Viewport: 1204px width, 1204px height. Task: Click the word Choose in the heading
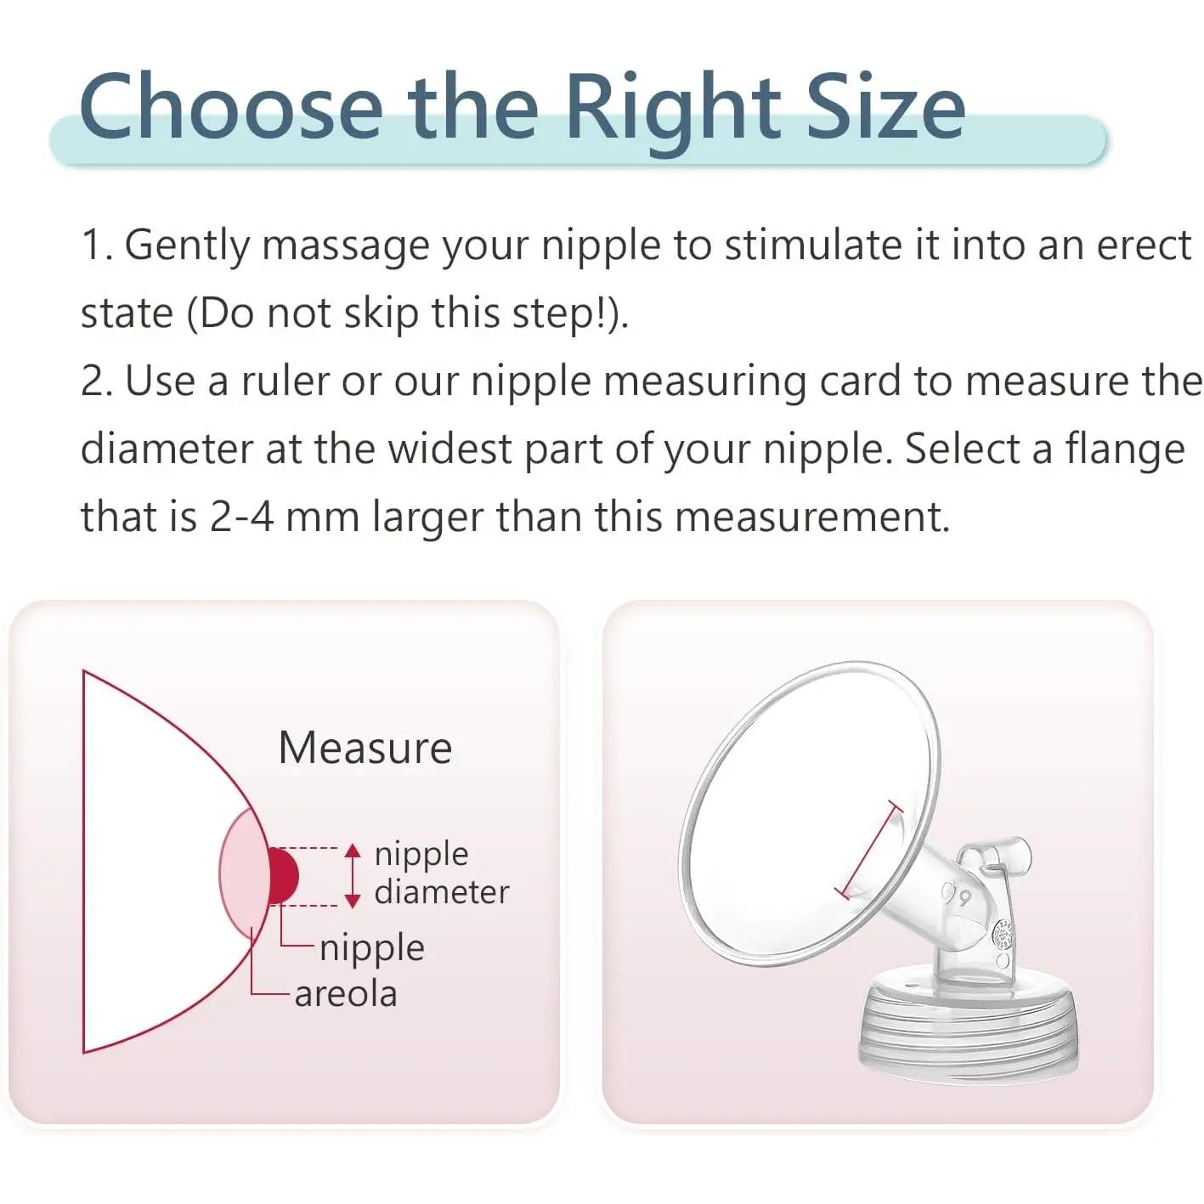pos(230,106)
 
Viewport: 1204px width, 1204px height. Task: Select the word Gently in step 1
pos(187,246)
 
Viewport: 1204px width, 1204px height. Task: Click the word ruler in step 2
pos(285,382)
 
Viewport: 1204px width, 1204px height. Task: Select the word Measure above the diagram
pos(365,748)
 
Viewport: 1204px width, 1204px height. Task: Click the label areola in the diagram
pos(346,994)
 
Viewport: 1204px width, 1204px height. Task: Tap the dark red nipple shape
pos(283,875)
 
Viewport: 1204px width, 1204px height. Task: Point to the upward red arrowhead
pos(353,851)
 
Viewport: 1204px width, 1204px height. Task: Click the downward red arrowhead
pos(353,901)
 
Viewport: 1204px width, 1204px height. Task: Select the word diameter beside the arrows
pos(442,891)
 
